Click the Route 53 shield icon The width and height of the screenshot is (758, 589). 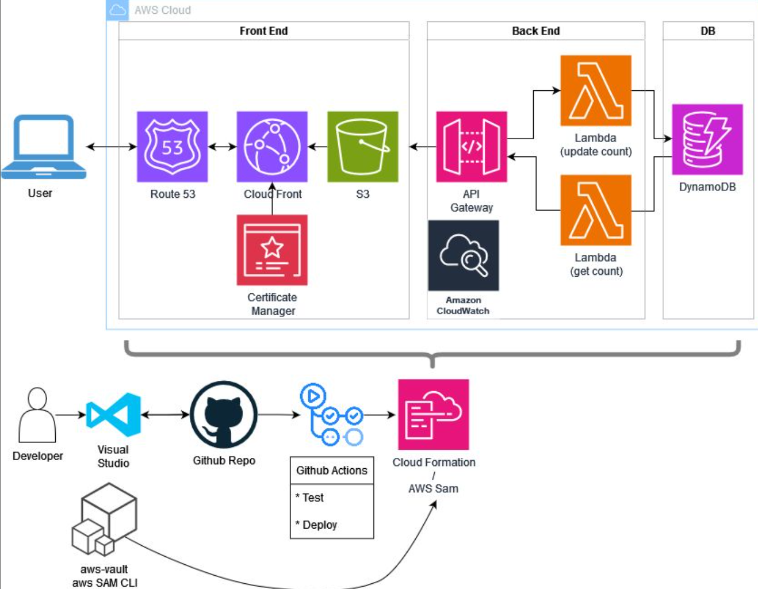click(x=172, y=147)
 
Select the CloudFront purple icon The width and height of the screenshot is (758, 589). click(x=272, y=147)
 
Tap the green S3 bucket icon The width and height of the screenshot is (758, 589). click(x=362, y=147)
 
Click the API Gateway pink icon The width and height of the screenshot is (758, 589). click(x=471, y=147)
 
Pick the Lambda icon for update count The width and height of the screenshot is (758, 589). click(x=596, y=90)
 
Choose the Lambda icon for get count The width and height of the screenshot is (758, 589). click(x=596, y=210)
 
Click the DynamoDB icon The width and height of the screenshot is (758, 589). click(x=707, y=139)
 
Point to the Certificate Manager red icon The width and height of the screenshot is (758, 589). click(x=272, y=250)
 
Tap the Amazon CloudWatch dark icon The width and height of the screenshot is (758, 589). click(x=463, y=255)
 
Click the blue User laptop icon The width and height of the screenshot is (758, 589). click(x=44, y=147)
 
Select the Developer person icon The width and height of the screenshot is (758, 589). click(x=37, y=415)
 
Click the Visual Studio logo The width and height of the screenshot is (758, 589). click(x=114, y=415)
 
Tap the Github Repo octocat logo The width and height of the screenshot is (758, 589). click(x=224, y=414)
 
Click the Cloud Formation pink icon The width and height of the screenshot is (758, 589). click(x=433, y=414)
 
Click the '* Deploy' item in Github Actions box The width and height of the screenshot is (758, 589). click(x=316, y=525)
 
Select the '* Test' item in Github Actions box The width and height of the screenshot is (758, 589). click(x=310, y=498)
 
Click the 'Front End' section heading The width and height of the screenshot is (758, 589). click(x=263, y=31)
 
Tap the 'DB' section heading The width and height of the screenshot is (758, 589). click(x=707, y=31)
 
